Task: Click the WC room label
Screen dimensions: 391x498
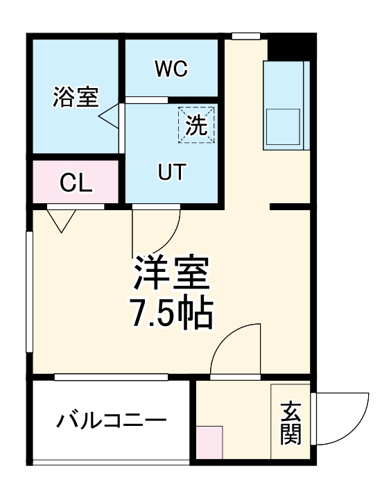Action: (171, 69)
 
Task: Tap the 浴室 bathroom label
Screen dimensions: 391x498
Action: (76, 97)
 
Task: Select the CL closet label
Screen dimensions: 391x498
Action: (76, 183)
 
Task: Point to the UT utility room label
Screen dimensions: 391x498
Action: (172, 172)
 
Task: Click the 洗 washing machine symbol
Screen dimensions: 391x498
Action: (196, 125)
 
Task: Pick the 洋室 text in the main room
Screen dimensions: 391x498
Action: (172, 272)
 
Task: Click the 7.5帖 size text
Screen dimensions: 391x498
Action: (172, 313)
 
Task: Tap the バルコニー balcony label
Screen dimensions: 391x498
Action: (112, 420)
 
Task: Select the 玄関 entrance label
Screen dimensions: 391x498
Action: (290, 423)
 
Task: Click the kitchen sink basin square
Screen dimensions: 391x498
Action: (283, 127)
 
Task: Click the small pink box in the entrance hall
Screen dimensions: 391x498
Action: (209, 443)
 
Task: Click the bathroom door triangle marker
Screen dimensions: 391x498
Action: (109, 117)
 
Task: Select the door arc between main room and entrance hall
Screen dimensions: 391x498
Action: (224, 336)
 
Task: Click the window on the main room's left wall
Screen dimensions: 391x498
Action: (30, 292)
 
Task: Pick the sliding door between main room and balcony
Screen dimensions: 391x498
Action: (111, 377)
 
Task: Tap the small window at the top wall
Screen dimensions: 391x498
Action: (246, 36)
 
